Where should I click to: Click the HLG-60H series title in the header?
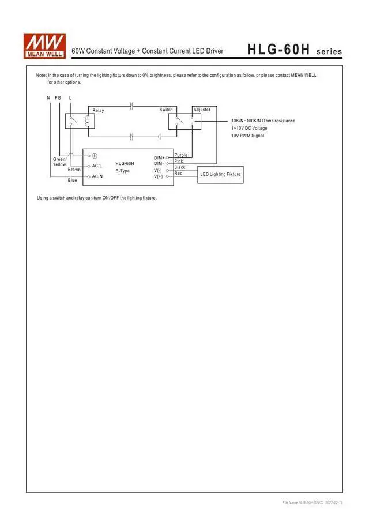coord(295,51)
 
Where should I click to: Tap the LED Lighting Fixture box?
coord(220,174)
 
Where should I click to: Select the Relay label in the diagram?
coord(99,110)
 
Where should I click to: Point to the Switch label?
coord(166,110)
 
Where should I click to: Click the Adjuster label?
coord(202,110)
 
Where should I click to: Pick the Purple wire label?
coord(180,155)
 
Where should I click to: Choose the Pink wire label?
coord(179,161)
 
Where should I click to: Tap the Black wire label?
coord(180,167)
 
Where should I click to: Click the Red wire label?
coord(179,173)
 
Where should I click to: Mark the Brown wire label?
coord(74,170)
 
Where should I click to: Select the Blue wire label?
coord(72,181)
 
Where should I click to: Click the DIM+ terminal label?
coord(159,157)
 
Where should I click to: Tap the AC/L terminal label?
coord(97,166)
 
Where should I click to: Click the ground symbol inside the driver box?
coord(95,156)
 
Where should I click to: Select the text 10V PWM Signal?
coord(247,136)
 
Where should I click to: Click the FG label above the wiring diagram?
coord(58,98)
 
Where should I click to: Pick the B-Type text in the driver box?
coord(122,171)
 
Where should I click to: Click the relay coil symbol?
coord(88,122)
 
